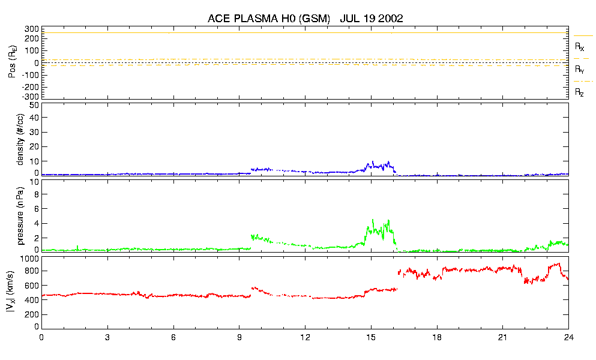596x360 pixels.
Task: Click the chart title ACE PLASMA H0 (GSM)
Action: tap(269, 19)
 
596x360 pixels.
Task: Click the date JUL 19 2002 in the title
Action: tap(371, 19)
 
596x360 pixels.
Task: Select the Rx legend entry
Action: tap(579, 46)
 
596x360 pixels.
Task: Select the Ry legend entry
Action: tap(579, 69)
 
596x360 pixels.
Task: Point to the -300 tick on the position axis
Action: tap(29, 96)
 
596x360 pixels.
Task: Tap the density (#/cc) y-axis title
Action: tap(20, 139)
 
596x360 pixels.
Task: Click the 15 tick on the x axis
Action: tap(371, 337)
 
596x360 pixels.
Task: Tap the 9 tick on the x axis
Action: tap(239, 337)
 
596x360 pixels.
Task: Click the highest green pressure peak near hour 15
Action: tap(373, 220)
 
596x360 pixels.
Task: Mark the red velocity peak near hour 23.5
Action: tap(558, 263)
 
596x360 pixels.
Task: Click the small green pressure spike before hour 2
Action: tap(78, 245)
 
